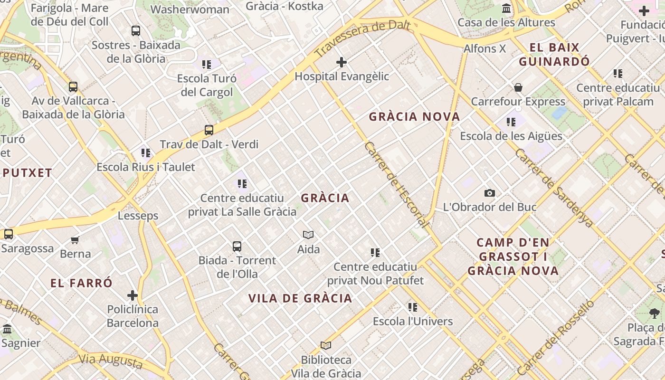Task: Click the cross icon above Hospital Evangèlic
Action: pyautogui.click(x=341, y=62)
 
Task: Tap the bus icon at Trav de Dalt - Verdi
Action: pyautogui.click(x=209, y=130)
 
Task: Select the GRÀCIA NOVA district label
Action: pyautogui.click(x=414, y=116)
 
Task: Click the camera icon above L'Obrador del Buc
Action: pyautogui.click(x=489, y=193)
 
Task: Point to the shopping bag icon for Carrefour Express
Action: pyautogui.click(x=518, y=88)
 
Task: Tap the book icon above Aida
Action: pyautogui.click(x=308, y=235)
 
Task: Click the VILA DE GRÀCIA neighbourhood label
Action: pyautogui.click(x=300, y=298)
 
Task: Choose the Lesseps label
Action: pyautogui.click(x=138, y=216)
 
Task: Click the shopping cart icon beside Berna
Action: pyautogui.click(x=75, y=240)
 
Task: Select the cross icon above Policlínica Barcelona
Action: pyautogui.click(x=133, y=295)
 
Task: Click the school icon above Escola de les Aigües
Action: pyautogui.click(x=511, y=122)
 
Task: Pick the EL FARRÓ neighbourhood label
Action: pyautogui.click(x=81, y=283)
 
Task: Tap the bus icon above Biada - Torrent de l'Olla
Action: pyautogui.click(x=237, y=247)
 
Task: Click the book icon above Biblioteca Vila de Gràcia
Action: pyautogui.click(x=325, y=345)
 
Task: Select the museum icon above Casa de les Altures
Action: pyautogui.click(x=506, y=9)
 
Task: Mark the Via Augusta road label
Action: pyautogui.click(x=110, y=361)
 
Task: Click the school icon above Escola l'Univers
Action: pyautogui.click(x=412, y=307)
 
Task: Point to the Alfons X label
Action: pyautogui.click(x=484, y=48)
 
